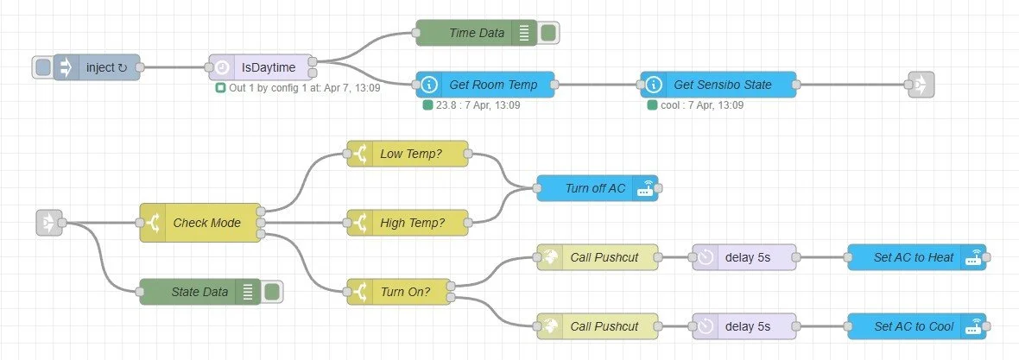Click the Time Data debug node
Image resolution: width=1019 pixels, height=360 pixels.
476,33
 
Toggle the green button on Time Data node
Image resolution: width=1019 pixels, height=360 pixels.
547,33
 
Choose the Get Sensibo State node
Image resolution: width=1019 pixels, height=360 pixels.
718,85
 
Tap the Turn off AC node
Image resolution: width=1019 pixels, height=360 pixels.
597,188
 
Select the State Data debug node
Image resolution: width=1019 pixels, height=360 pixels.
199,292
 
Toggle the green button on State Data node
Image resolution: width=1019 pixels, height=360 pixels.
271,292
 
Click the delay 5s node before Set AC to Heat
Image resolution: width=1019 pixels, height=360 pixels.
744,257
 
